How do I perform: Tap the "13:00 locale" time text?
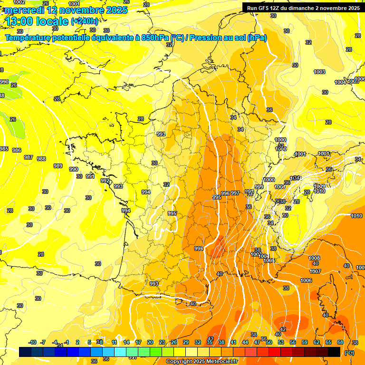(x=38, y=21)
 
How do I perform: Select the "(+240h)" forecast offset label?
(x=85, y=21)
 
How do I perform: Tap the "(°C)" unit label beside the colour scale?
(x=349, y=353)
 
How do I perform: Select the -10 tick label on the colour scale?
(x=32, y=342)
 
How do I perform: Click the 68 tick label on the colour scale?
(x=340, y=342)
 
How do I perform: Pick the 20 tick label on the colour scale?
(x=150, y=342)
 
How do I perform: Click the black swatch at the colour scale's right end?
(x=334, y=352)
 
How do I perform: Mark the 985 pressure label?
(x=4, y=149)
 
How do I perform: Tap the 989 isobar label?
(x=58, y=166)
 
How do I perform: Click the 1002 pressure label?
(x=19, y=2)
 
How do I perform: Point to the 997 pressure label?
(x=235, y=193)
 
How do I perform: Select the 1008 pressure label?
(x=314, y=258)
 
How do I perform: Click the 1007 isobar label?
(x=315, y=271)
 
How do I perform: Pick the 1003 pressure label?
(x=319, y=72)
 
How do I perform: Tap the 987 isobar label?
(x=29, y=157)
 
